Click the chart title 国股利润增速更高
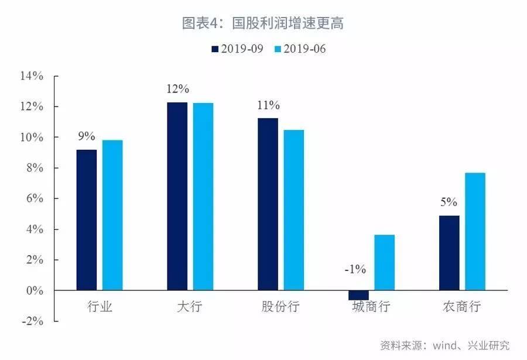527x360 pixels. click(263, 23)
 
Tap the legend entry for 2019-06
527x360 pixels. click(299, 49)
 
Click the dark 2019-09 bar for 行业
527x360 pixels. click(87, 220)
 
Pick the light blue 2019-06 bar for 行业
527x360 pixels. click(112, 215)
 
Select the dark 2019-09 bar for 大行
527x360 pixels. click(177, 197)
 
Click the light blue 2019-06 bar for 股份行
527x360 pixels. click(294, 210)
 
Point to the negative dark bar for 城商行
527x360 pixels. click(358, 295)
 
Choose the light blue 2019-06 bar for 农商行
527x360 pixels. click(475, 232)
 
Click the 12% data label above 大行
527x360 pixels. click(177, 90)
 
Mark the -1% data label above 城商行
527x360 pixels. click(355, 270)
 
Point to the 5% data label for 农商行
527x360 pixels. click(449, 203)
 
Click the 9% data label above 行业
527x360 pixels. click(86, 136)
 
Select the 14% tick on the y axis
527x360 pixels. click(32, 76)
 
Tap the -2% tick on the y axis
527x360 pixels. click(32, 321)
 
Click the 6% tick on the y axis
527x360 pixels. click(34, 198)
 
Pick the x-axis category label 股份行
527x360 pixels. click(281, 307)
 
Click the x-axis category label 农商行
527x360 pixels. click(462, 307)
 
